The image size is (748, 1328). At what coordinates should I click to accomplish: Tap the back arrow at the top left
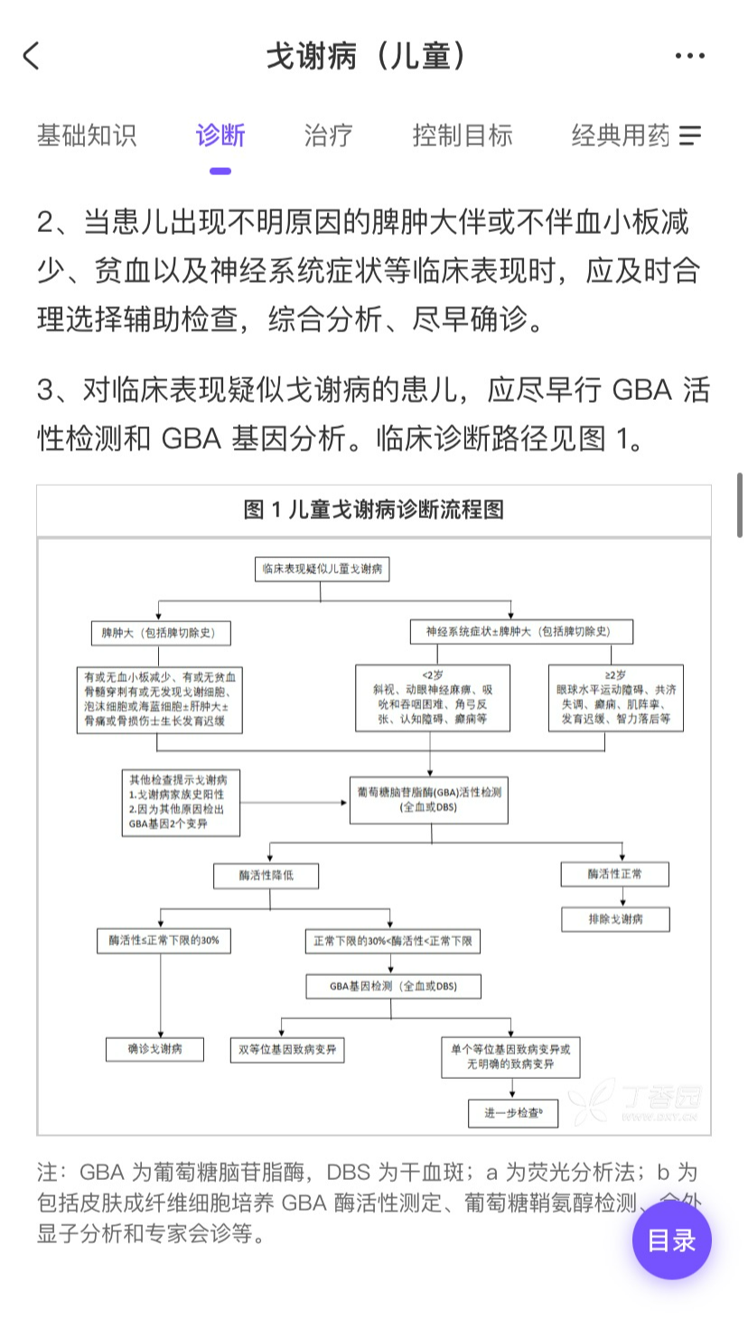(x=32, y=56)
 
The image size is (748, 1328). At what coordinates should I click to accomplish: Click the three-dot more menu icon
(x=689, y=56)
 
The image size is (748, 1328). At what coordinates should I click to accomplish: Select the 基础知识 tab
(x=87, y=135)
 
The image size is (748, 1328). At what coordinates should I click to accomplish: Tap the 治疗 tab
(x=328, y=135)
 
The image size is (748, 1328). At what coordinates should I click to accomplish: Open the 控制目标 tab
(x=463, y=135)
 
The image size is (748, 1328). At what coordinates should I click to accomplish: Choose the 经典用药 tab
(x=621, y=135)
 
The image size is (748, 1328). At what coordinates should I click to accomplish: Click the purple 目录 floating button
(x=671, y=1240)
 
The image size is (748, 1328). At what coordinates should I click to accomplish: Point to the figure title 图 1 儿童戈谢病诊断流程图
(x=373, y=510)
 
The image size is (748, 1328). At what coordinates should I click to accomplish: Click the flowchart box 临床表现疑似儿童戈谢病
(x=322, y=570)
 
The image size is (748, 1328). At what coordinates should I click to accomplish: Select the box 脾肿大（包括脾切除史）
(x=159, y=633)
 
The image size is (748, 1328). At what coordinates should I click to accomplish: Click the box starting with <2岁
(x=433, y=697)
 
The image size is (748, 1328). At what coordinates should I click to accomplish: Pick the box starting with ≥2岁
(x=615, y=697)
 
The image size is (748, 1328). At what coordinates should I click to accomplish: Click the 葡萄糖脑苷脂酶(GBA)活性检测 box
(x=429, y=798)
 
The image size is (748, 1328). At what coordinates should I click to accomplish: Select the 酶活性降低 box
(x=266, y=875)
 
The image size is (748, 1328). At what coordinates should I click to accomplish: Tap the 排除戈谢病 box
(x=615, y=919)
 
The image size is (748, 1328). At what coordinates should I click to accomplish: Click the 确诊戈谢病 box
(x=154, y=1049)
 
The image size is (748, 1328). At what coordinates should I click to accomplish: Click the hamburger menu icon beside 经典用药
(x=691, y=135)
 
